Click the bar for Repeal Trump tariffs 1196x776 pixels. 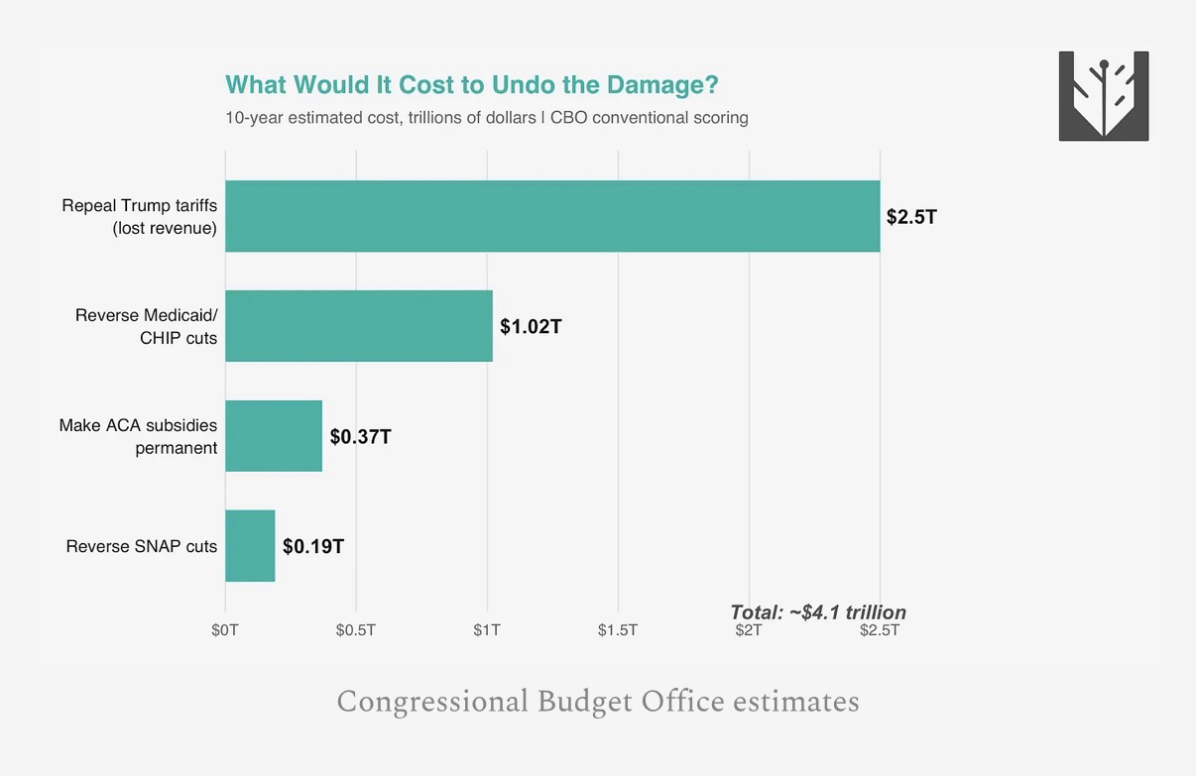[552, 216]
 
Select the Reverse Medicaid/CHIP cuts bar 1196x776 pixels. [358, 326]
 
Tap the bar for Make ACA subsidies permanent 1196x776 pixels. [274, 436]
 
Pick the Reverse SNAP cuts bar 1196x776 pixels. [250, 546]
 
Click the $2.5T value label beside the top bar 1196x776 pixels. [911, 216]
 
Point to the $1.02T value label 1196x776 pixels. [531, 326]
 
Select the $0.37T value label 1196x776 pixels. [360, 436]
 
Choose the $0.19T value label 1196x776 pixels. [313, 546]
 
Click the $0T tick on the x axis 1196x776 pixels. [225, 630]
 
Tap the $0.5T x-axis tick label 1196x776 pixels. [356, 630]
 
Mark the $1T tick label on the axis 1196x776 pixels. [487, 630]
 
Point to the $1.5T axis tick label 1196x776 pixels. [618, 630]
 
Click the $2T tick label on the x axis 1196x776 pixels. [749, 631]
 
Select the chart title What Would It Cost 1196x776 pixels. [471, 85]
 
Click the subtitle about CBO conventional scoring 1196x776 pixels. [486, 118]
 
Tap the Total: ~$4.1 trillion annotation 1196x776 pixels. [818, 611]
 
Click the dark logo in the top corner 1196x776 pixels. [1104, 96]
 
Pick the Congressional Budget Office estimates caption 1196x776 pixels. [598, 702]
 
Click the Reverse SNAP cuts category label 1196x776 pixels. [142, 546]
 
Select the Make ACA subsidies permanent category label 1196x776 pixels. [139, 436]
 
